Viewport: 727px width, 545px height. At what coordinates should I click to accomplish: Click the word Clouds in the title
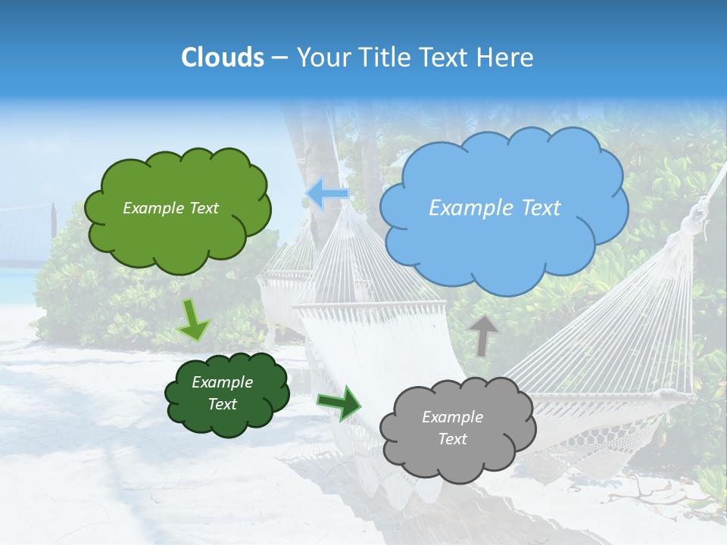(223, 58)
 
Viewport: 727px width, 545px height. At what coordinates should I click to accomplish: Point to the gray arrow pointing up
(482, 335)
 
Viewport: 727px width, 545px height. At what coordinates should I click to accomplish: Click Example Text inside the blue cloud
(495, 208)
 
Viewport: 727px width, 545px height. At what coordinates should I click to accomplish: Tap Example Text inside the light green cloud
(170, 208)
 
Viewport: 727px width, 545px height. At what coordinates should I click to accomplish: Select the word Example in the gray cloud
(452, 417)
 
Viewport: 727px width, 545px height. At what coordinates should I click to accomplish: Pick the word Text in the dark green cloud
(222, 404)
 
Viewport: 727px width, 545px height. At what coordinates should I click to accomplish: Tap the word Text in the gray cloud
(452, 439)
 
